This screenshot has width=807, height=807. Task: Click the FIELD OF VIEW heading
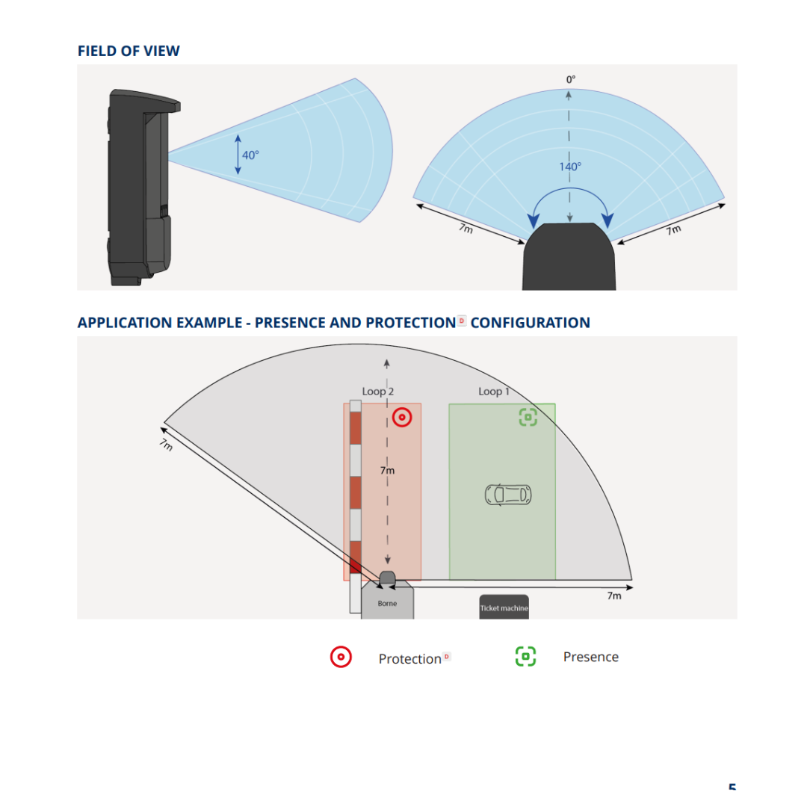tap(129, 51)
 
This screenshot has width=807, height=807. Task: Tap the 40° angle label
tap(250, 155)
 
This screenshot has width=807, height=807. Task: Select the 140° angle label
tap(570, 167)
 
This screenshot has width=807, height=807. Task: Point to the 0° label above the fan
tap(571, 80)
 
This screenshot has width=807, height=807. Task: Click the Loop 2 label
tap(378, 392)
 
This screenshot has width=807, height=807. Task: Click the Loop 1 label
tap(494, 392)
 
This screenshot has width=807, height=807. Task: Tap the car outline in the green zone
tap(509, 495)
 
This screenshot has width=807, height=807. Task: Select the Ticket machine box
tap(504, 607)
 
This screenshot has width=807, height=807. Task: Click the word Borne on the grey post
tap(387, 603)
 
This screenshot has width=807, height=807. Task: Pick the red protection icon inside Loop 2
tap(402, 417)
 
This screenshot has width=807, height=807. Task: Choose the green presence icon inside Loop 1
tap(528, 417)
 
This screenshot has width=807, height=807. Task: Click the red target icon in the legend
tap(341, 657)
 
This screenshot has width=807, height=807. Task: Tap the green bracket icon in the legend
tap(525, 656)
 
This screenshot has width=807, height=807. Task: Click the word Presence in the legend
tap(591, 657)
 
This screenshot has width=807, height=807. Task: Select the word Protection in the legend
tap(409, 659)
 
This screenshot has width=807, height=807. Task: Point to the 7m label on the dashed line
tap(387, 471)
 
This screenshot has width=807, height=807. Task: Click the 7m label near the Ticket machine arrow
tap(614, 596)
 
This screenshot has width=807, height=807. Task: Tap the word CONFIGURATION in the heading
tap(530, 323)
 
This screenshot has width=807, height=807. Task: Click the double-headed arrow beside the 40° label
tap(238, 155)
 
